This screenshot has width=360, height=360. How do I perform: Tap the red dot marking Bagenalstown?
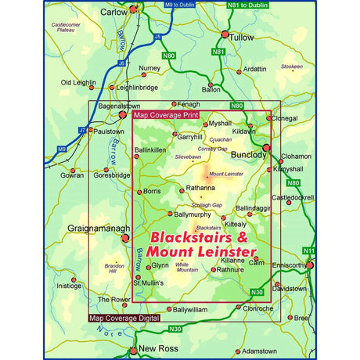[x=123, y=114]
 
